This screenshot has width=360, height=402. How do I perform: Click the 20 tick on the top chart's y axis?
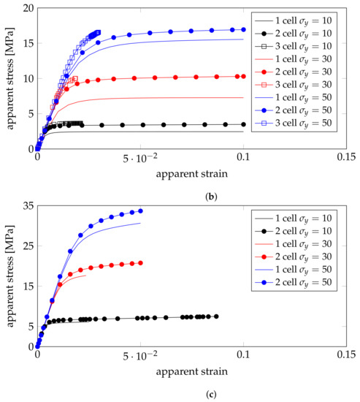pyautogui.click(x=26, y=8)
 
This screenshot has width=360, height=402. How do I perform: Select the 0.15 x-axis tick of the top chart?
pyautogui.click(x=346, y=157)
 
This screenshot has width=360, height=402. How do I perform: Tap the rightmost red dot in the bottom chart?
pyautogui.click(x=140, y=263)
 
